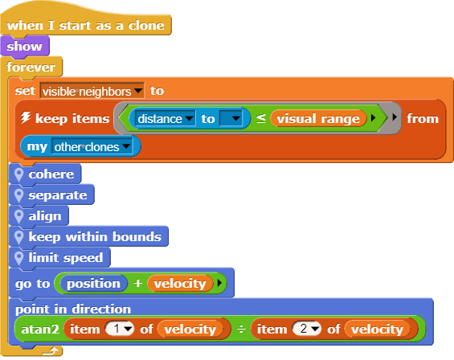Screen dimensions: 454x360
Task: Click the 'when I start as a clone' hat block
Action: pyautogui.click(x=86, y=26)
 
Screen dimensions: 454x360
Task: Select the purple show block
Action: pyautogui.click(x=25, y=47)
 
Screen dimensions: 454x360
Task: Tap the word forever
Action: pyautogui.click(x=31, y=67)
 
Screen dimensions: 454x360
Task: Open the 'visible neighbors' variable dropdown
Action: pyautogui.click(x=92, y=92)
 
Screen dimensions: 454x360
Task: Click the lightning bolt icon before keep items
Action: pyautogui.click(x=26, y=117)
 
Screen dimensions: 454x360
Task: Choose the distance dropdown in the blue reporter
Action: pyautogui.click(x=166, y=119)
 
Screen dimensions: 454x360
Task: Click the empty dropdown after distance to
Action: pyautogui.click(x=231, y=118)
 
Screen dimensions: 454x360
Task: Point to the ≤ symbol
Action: pyautogui.click(x=261, y=118)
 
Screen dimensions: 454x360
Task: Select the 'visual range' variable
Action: pyautogui.click(x=318, y=118)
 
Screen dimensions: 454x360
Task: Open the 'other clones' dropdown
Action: pyautogui.click(x=92, y=147)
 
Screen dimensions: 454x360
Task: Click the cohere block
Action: pyautogui.click(x=45, y=174)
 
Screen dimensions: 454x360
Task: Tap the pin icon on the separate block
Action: pyautogui.click(x=18, y=196)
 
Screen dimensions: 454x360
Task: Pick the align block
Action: pyautogui.click(x=39, y=216)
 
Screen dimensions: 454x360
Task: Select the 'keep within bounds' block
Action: pyautogui.click(x=88, y=237)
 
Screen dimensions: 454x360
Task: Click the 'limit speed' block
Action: pyautogui.click(x=59, y=258)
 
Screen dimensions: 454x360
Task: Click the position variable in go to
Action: pyautogui.click(x=93, y=283)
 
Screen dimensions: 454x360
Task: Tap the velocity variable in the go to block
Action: pyautogui.click(x=180, y=283)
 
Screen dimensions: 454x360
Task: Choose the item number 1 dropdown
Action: pyautogui.click(x=120, y=329)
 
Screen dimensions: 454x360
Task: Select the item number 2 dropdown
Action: pyautogui.click(x=307, y=329)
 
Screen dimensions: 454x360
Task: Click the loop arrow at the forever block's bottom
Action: pyautogui.click(x=51, y=352)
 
